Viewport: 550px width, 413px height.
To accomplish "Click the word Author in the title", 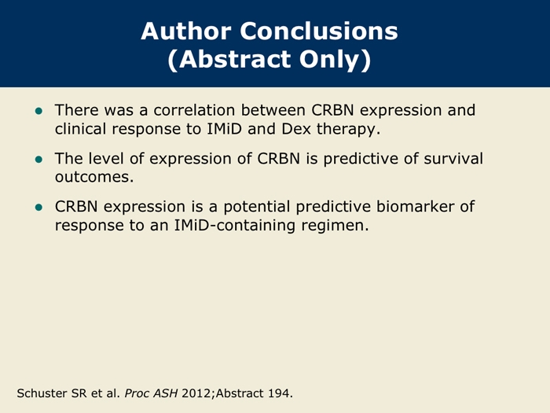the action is pyautogui.click(x=186, y=31).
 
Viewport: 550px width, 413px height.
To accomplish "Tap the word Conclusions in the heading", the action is pyautogui.click(x=319, y=31).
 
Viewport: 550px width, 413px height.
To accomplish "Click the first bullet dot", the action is pyautogui.click(x=38, y=112).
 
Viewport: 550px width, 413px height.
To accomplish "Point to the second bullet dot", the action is pyautogui.click(x=38, y=160).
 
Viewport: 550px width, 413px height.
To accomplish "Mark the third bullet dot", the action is pyautogui.click(x=38, y=208).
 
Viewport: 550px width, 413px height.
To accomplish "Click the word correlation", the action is pyautogui.click(x=195, y=110).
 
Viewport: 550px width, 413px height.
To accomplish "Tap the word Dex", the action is pyautogui.click(x=296, y=129).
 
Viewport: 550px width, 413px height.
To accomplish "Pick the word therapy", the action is pyautogui.click(x=348, y=130).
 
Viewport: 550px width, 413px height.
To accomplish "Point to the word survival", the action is pyautogui.click(x=453, y=158).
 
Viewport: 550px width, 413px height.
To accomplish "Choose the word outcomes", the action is pyautogui.click(x=94, y=177).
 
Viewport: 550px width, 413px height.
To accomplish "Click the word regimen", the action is pyautogui.click(x=335, y=226).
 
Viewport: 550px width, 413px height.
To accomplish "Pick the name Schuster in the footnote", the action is pyautogui.click(x=42, y=393).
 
